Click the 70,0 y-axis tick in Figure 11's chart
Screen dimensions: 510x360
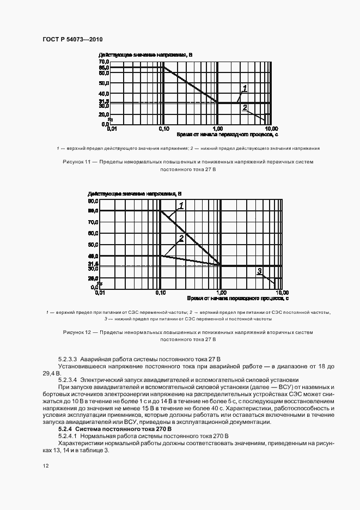[104, 62]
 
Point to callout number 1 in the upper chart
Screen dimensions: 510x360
[245, 88]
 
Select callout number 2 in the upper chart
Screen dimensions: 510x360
[245, 107]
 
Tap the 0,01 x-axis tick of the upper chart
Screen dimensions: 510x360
[112, 129]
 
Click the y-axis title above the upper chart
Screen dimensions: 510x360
[145, 55]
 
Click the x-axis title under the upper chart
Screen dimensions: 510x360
[228, 134]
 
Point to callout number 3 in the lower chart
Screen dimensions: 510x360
[260, 270]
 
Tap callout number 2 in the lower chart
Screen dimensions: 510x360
[181, 238]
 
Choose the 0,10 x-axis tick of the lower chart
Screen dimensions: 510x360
[160, 293]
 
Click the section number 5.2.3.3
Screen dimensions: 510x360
[68, 360]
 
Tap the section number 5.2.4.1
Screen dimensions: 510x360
[68, 436]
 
